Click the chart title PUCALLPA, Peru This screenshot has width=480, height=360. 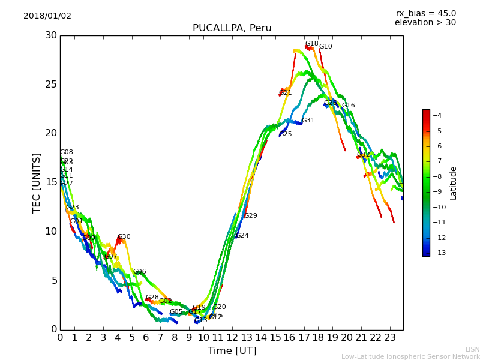click(x=232, y=28)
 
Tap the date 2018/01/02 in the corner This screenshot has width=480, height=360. click(x=47, y=16)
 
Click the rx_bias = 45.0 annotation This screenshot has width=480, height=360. click(x=425, y=13)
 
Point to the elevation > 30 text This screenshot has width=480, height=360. click(x=425, y=23)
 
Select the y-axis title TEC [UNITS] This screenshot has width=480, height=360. click(x=37, y=182)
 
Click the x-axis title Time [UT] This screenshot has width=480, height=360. click(x=232, y=351)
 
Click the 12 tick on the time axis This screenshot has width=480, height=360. click(x=232, y=338)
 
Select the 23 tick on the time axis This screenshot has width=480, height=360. click(x=390, y=338)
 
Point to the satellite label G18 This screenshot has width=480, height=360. click(x=311, y=44)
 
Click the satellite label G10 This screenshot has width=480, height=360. click(x=325, y=47)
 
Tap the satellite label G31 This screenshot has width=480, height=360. click(x=308, y=121)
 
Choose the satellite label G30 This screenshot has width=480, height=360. click(x=124, y=237)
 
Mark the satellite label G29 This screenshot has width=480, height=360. click(x=250, y=216)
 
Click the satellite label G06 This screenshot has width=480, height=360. click(x=139, y=272)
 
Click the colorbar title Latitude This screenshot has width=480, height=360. click(x=454, y=183)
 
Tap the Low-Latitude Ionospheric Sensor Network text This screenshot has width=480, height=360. click(x=410, y=357)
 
